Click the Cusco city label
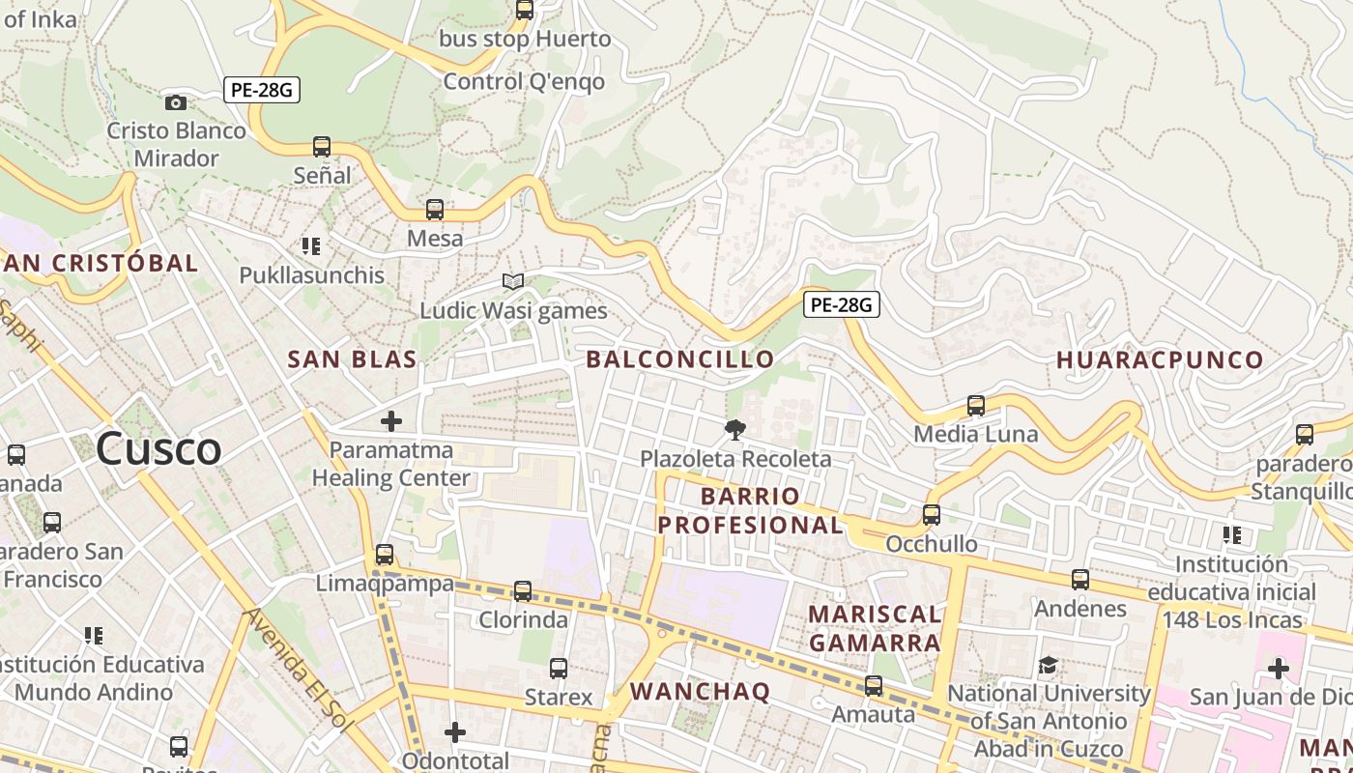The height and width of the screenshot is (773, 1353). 158,448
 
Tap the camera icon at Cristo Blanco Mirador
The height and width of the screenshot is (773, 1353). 176,102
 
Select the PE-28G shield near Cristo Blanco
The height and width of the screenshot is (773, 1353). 262,90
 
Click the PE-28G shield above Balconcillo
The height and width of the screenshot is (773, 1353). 841,304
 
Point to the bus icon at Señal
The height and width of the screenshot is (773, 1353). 322,147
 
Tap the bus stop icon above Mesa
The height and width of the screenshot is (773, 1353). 435,210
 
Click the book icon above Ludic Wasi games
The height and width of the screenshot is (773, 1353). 513,282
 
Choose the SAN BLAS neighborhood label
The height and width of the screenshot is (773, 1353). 353,359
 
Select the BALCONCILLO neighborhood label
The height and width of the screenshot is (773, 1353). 680,359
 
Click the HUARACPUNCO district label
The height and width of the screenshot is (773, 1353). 1160,359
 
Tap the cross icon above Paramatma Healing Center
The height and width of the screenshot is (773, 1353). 391,421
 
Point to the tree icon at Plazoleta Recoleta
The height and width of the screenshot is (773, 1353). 735,430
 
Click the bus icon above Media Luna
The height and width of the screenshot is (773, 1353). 976,406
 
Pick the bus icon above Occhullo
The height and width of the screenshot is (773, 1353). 932,515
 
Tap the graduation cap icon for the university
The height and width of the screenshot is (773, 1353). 1048,665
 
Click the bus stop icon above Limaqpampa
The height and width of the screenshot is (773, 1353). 385,555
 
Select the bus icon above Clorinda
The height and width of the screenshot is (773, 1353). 523,590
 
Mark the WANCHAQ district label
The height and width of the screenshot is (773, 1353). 701,691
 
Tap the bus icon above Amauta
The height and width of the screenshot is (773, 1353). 874,686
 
